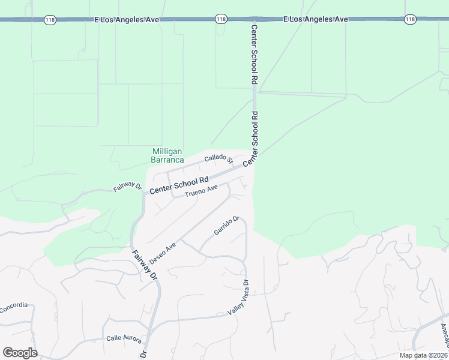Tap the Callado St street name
click(x=218, y=159)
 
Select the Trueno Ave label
click(x=201, y=191)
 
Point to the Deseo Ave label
click(x=163, y=254)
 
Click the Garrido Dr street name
click(x=227, y=226)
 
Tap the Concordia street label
click(x=13, y=306)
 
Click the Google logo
click(x=20, y=353)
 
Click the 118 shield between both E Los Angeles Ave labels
click(x=221, y=20)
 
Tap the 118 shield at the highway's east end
click(x=410, y=20)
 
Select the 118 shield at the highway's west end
click(x=50, y=20)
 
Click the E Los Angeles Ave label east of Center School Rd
click(x=316, y=20)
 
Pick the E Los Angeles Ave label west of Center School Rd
click(x=127, y=20)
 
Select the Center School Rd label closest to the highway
click(x=255, y=54)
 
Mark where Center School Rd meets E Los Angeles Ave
click(x=255, y=20)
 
